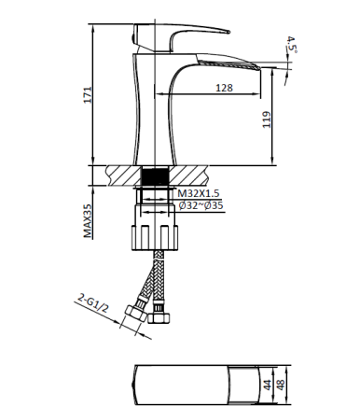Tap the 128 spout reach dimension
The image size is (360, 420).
click(223, 87)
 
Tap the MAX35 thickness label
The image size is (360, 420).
click(88, 221)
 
